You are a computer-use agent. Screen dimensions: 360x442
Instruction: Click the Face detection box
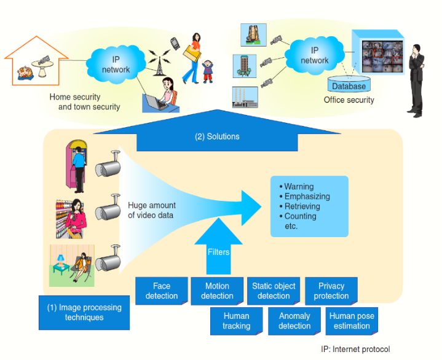[x=162, y=291]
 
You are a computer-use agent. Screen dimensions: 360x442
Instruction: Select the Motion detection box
[x=217, y=291]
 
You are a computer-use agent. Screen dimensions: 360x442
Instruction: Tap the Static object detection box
[x=274, y=291]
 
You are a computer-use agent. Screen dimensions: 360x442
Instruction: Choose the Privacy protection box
[x=331, y=291]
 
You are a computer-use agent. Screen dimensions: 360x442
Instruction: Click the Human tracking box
[x=236, y=321]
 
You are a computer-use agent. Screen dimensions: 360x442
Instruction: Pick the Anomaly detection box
[x=294, y=321]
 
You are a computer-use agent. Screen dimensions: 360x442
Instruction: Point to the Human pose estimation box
[x=352, y=321]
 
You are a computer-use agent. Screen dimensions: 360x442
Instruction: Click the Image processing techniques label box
[x=84, y=313]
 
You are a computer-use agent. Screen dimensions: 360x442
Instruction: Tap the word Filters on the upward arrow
[x=218, y=252]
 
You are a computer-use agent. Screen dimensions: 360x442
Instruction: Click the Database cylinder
[x=349, y=85]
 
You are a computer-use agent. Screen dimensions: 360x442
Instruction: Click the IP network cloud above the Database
[x=314, y=55]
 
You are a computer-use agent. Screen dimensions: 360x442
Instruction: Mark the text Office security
[x=349, y=100]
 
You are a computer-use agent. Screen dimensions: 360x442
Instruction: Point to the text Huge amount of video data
[x=151, y=210]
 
